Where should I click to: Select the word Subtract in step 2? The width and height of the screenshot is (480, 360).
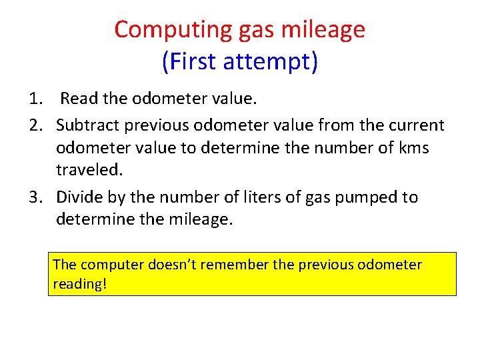point(85,125)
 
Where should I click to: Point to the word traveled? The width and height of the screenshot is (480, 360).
point(89,170)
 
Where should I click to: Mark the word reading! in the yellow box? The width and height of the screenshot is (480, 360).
point(79,284)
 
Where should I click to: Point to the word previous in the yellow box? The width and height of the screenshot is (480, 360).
point(325,265)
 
